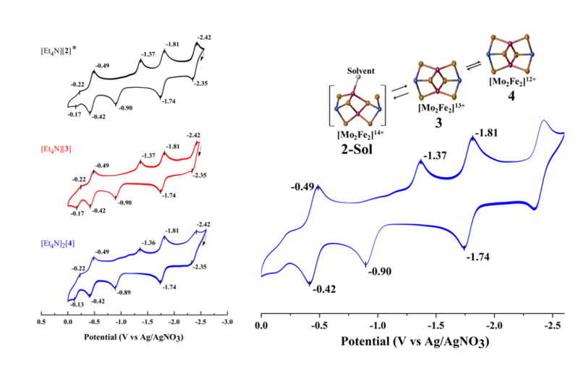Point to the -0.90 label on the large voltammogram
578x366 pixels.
(381, 271)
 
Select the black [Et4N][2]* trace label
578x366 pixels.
(59, 51)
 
